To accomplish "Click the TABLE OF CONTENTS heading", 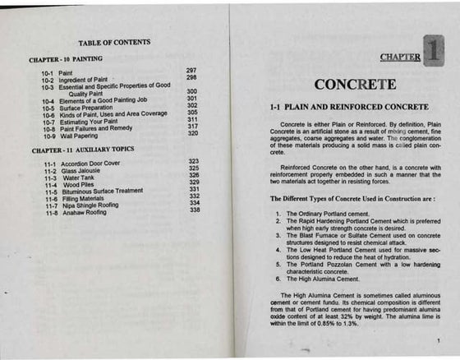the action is coord(114,42).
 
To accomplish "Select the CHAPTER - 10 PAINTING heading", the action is coord(66,59).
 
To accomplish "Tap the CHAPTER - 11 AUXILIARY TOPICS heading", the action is coord(81,150).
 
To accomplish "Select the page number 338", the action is coord(195,210).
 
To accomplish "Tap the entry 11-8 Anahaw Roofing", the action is coord(76,212).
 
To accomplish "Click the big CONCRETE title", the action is coord(355,85).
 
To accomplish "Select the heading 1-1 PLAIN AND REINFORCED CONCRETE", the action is coord(349,108).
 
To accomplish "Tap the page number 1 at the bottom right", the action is coord(440,340).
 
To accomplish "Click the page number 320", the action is coord(193,133).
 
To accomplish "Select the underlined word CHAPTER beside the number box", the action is coord(401,58).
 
